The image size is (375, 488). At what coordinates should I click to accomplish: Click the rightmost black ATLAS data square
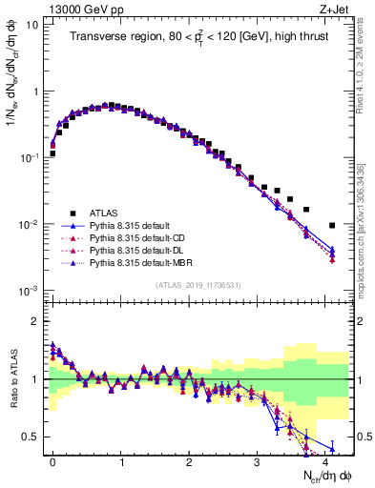pos(332,226)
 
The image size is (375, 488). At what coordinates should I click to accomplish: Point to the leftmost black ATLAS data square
pos(52,152)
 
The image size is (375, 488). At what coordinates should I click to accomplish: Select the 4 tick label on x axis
pos(325,460)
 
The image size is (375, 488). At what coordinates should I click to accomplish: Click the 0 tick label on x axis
pos(52,460)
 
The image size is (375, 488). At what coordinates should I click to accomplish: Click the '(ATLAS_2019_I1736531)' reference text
pos(198,286)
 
